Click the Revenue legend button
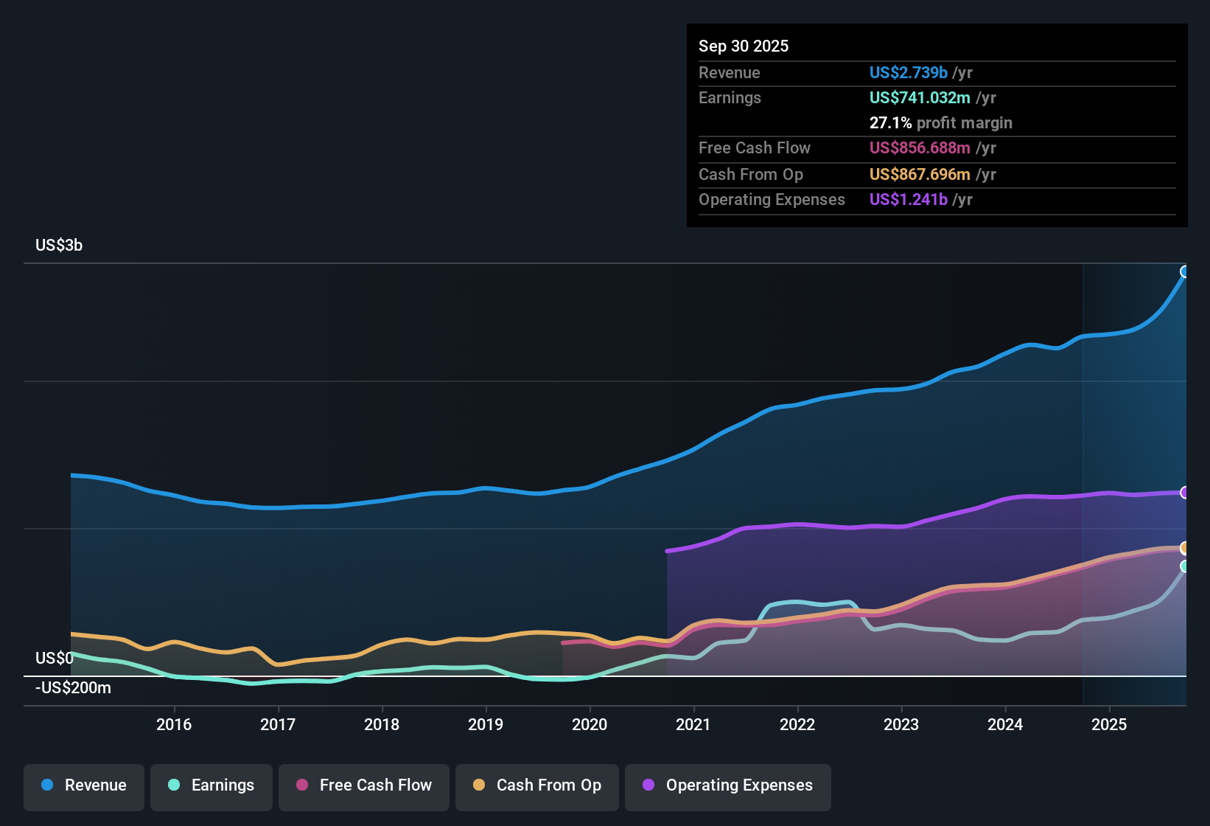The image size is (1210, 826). pos(84,785)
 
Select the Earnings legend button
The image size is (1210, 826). pos(211,785)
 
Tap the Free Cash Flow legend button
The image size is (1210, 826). pos(364,785)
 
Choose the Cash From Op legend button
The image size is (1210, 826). pos(537,785)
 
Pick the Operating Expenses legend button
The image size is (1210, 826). pos(728,785)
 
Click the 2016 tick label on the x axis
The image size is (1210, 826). pos(174,725)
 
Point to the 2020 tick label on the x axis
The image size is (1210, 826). pos(590,725)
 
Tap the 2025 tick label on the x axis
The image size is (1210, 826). pos(1109,725)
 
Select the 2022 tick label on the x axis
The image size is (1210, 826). pos(797,725)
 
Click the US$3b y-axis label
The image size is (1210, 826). pos(59,246)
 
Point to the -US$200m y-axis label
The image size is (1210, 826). pos(73,688)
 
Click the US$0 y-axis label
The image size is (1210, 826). pos(55,659)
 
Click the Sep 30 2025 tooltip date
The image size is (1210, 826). pos(744,46)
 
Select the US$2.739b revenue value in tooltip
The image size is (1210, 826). pos(908,73)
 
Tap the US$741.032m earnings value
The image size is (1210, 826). pos(920,98)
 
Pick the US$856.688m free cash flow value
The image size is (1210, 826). pos(920,148)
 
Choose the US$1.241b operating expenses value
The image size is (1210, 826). pos(908,200)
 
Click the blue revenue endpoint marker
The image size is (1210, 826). pos(1185,271)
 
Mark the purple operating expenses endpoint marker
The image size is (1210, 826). pos(1185,493)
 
